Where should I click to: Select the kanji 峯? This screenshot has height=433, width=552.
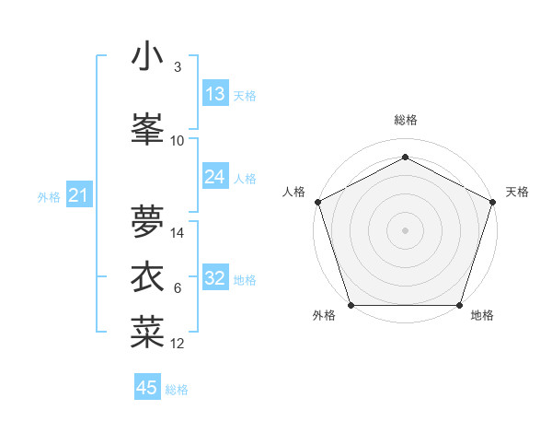point(147,129)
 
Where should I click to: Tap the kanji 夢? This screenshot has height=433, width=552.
point(147,221)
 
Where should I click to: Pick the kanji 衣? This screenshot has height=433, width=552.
point(147,276)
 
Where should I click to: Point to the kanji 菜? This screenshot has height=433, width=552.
point(147,333)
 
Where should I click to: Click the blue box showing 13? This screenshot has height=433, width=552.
point(215,94)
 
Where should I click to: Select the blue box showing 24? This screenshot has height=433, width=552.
point(215,177)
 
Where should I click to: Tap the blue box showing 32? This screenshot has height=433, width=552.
point(215,278)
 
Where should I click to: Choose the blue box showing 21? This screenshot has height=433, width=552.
point(78,195)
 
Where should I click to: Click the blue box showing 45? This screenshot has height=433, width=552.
point(147,388)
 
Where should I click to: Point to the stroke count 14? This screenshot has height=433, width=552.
point(178,233)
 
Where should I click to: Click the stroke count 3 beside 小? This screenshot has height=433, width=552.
point(178,67)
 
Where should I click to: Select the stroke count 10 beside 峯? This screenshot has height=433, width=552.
point(178,141)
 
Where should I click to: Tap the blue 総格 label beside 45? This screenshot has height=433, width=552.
point(177,390)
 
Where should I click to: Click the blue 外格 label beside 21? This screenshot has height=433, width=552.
point(49,196)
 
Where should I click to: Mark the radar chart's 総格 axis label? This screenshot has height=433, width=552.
point(405,121)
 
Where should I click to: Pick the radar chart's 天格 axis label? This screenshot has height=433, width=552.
point(518,192)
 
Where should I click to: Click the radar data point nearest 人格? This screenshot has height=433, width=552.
point(318,202)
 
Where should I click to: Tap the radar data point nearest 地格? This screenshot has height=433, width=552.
point(459,305)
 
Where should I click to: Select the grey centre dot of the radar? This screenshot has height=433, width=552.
point(405,230)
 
